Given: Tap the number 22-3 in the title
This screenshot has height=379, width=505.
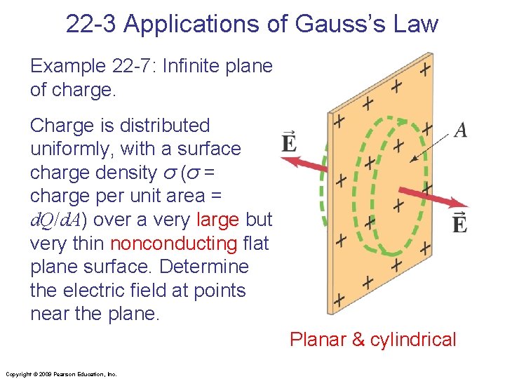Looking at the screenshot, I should (91, 24).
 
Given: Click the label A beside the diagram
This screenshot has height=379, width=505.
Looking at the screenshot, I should (461, 130).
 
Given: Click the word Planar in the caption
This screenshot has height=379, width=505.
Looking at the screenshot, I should (318, 340).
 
